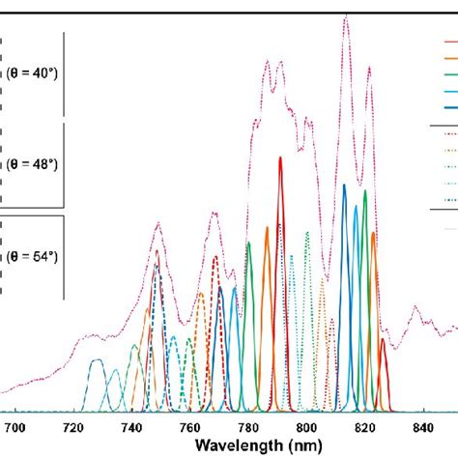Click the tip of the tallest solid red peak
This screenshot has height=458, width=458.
[280, 158]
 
